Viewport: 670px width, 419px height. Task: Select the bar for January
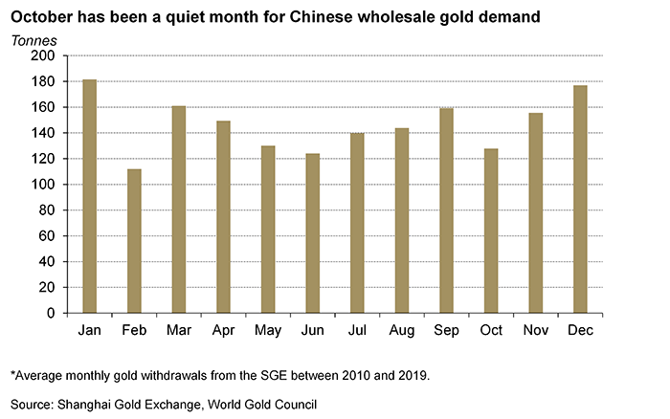coord(89,196)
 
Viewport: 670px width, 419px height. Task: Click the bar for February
coord(134,241)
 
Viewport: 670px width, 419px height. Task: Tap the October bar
coord(491,231)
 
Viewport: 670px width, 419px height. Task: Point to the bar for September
coord(446,210)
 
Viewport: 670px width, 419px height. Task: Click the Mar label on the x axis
coord(178,330)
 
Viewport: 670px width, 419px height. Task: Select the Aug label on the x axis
coord(401,330)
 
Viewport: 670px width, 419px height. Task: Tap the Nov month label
coord(535,330)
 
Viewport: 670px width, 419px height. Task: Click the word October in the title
coord(44,16)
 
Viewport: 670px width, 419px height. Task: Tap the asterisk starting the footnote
coord(12,374)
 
